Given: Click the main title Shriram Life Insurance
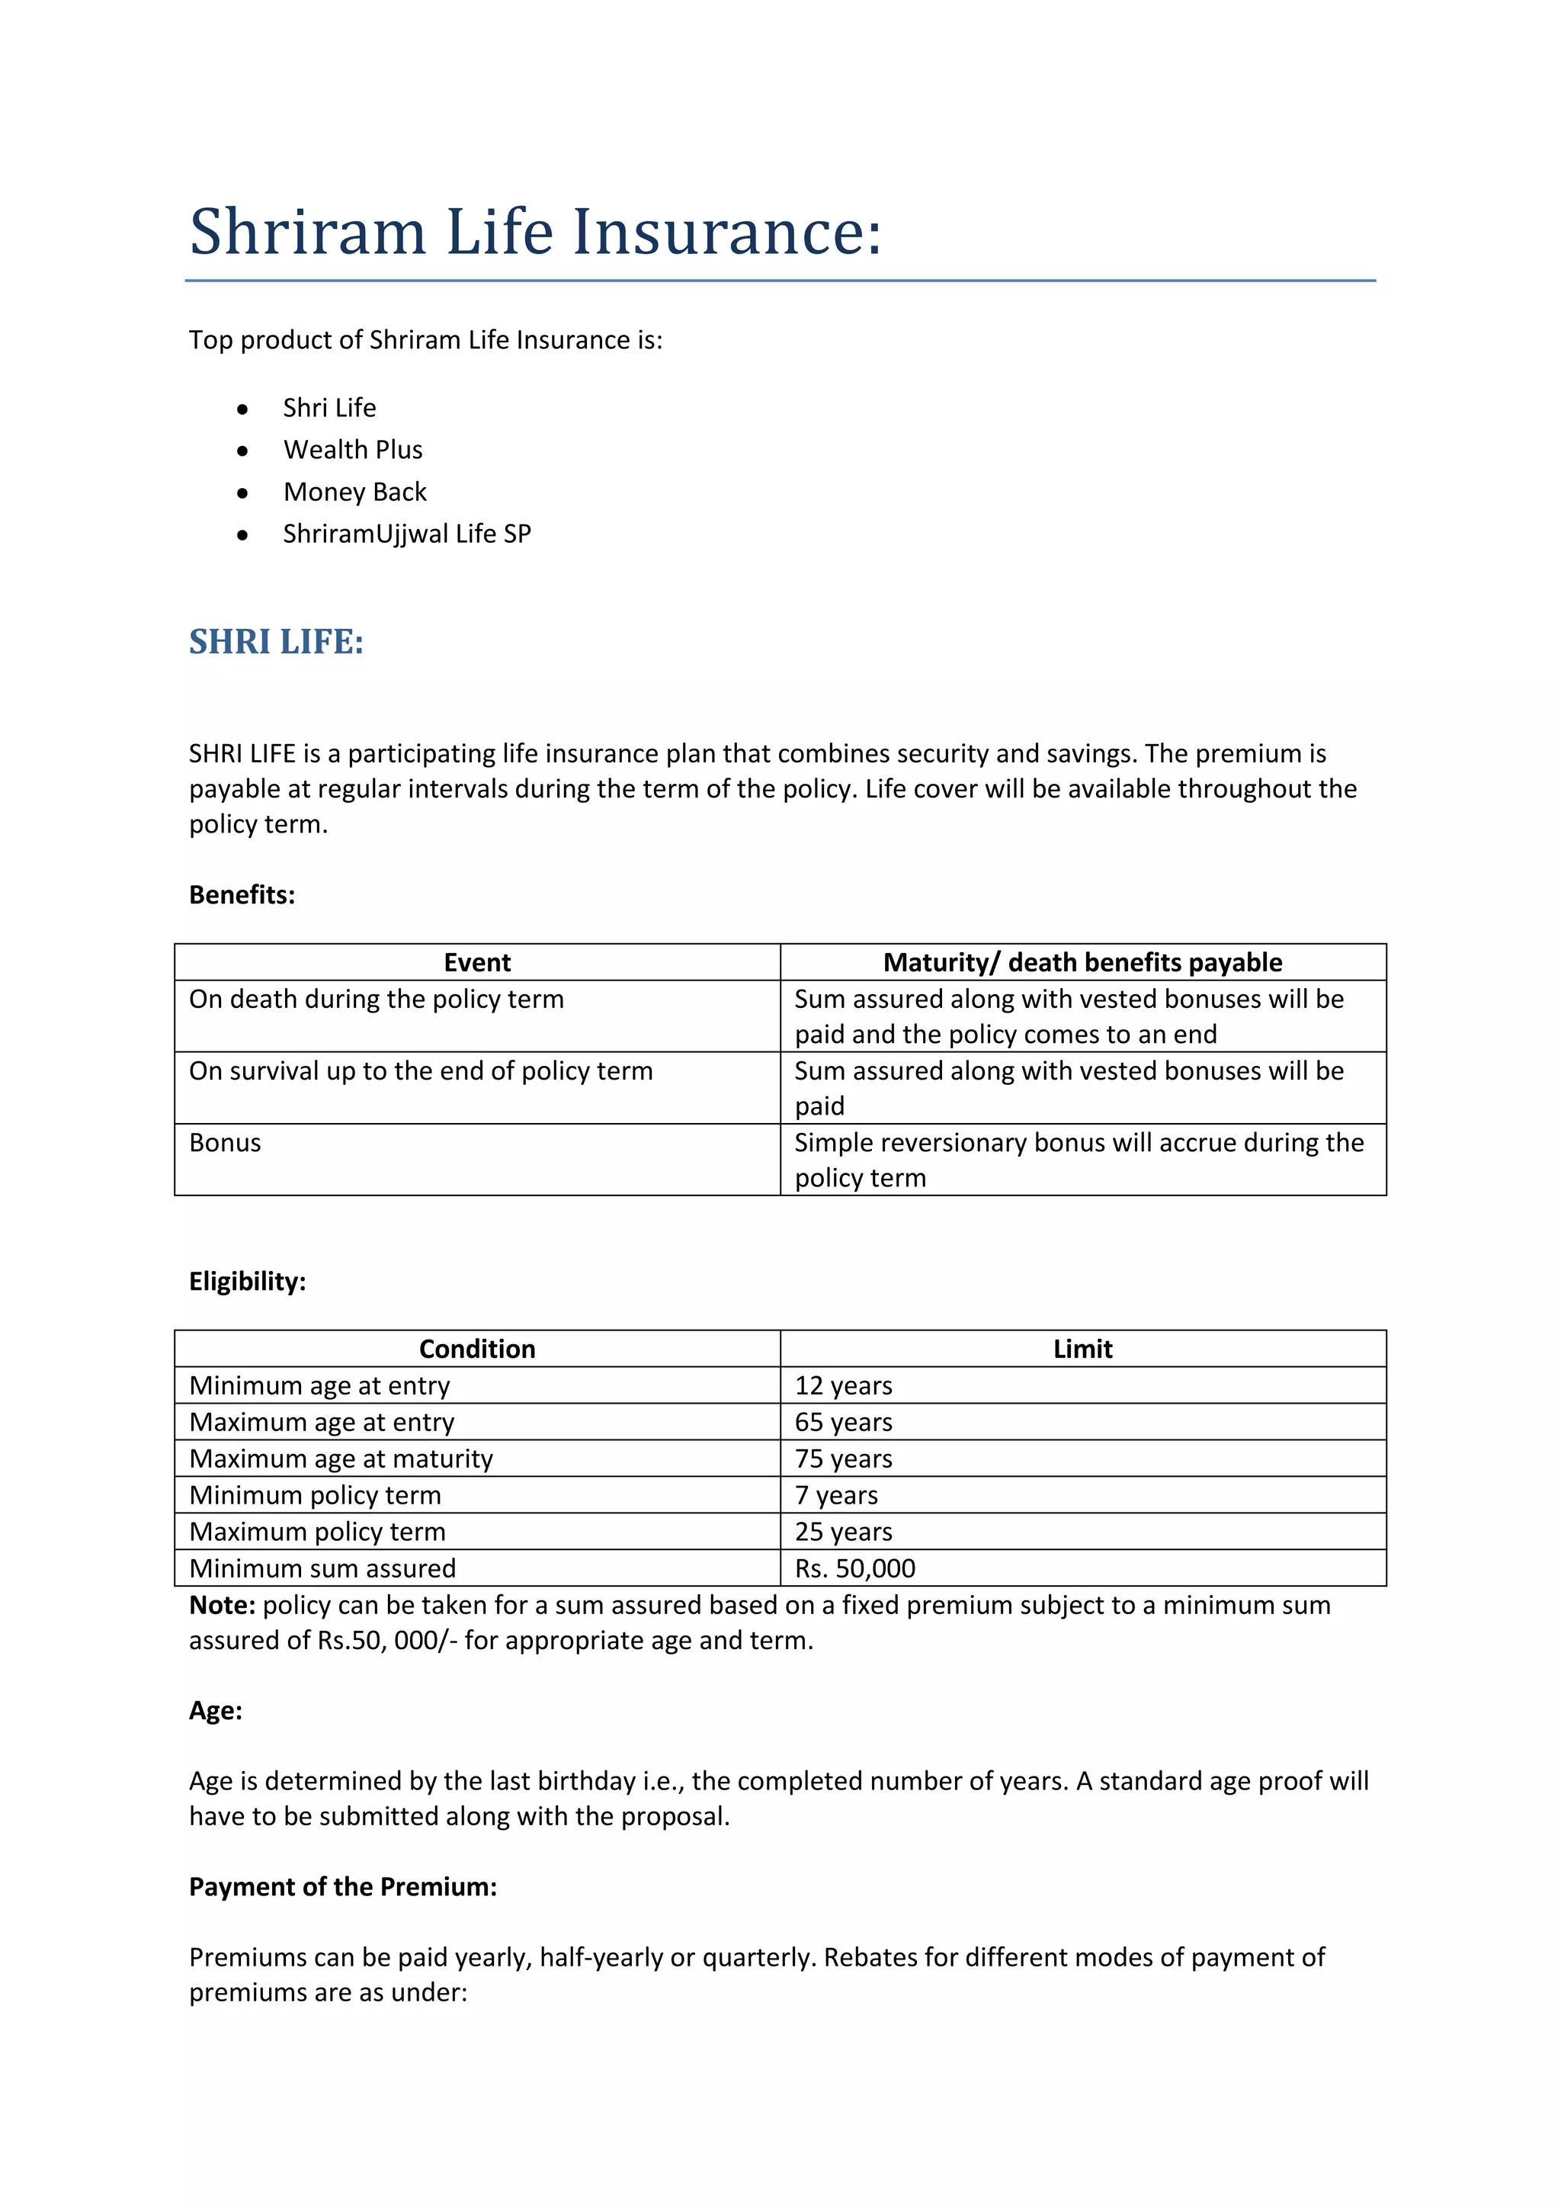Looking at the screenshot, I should coord(534,232).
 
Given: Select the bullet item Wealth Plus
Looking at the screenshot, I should coord(353,449).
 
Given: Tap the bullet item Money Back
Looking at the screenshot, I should coord(354,492).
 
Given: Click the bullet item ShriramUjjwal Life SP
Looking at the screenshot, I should coord(406,534).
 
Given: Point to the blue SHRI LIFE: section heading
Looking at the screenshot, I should coord(276,641).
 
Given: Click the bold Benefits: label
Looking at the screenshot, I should coord(242,894).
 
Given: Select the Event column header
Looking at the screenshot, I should coord(476,963).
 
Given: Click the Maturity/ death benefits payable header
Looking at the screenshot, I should coord(1082,963).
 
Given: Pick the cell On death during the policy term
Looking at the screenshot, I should coord(376,1000).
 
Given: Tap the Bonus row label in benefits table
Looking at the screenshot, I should coord(225,1142).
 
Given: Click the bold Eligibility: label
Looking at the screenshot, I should coord(247,1281).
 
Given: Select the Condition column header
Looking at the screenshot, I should coord(476,1350).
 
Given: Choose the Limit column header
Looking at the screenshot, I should coord(1082,1350).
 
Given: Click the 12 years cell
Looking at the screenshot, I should coord(843,1386).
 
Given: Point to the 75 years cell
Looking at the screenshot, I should coord(843,1459).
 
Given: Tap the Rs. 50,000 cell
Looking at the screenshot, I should coord(854,1568).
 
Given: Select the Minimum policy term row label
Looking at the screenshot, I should coord(316,1495).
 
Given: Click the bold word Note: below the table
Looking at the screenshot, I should coord(222,1605).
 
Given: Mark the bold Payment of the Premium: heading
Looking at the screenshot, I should coord(342,1887).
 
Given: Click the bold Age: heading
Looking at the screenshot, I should coord(215,1711).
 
